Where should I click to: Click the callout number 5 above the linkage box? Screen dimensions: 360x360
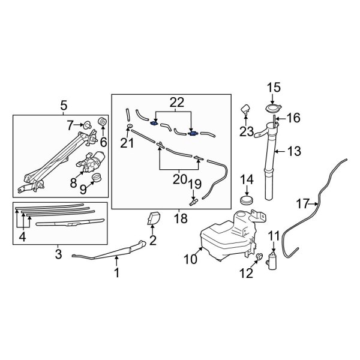[63, 107]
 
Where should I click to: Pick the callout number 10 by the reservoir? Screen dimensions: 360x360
[190, 260]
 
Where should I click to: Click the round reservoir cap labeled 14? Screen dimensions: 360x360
[246, 199]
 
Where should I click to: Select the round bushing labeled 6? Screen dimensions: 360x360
[101, 123]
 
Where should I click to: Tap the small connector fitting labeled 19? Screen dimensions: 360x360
[194, 202]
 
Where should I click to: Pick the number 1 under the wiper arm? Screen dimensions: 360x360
[117, 274]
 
